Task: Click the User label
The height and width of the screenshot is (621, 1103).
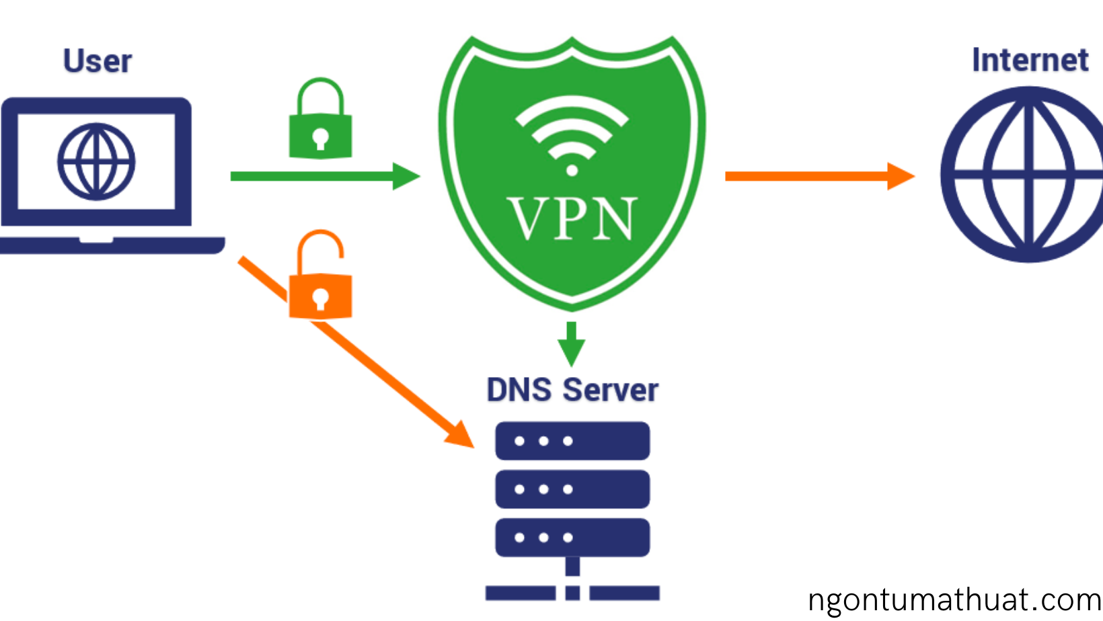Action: [98, 61]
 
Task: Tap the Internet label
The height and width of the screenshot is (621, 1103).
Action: [1030, 60]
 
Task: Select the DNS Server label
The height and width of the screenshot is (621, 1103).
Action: [572, 390]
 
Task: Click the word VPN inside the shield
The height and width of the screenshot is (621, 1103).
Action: [572, 219]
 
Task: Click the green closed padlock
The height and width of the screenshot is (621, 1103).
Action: [320, 121]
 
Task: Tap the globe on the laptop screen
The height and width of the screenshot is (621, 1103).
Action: [96, 162]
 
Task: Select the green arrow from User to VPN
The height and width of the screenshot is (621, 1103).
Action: [323, 176]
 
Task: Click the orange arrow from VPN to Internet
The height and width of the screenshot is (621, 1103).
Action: [817, 176]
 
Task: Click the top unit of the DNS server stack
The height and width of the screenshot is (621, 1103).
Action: [572, 441]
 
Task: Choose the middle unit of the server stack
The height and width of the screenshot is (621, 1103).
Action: [572, 489]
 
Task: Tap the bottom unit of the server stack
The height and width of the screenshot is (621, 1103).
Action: [572, 538]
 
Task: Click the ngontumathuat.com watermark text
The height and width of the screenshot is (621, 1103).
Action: [954, 600]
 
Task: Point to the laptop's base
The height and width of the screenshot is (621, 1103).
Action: [111, 245]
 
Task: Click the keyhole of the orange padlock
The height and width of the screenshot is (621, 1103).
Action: [320, 298]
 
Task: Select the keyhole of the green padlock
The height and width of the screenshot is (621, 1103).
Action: [320, 138]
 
